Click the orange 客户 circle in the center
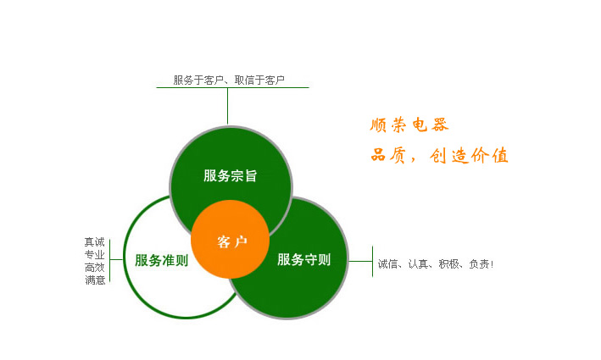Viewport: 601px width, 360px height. (x=230, y=239)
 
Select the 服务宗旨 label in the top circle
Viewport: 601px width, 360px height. (x=230, y=176)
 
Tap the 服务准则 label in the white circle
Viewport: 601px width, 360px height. (x=161, y=260)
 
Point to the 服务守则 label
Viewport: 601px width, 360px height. (x=304, y=260)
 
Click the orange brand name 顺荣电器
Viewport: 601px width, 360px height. (x=409, y=125)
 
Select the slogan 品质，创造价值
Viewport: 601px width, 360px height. (x=439, y=156)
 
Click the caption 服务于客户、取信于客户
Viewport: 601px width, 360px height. (x=229, y=80)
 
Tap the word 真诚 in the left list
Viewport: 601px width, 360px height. (x=94, y=242)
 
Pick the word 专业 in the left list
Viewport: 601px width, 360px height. (x=94, y=255)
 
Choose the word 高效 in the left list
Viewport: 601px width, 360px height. (x=94, y=268)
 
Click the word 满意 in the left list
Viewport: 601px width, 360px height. (x=95, y=280)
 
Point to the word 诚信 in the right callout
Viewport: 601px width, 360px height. (x=387, y=264)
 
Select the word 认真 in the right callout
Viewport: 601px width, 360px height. (x=418, y=264)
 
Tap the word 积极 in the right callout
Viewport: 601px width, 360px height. (x=448, y=264)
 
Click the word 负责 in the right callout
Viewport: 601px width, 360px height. (x=479, y=264)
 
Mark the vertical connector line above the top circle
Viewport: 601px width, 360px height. (x=228, y=106)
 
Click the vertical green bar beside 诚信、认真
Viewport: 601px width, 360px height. (x=373, y=262)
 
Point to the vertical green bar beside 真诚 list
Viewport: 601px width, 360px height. (x=110, y=261)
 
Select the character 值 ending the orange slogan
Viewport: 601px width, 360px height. (x=500, y=156)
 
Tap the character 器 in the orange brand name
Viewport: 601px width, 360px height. (x=440, y=125)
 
